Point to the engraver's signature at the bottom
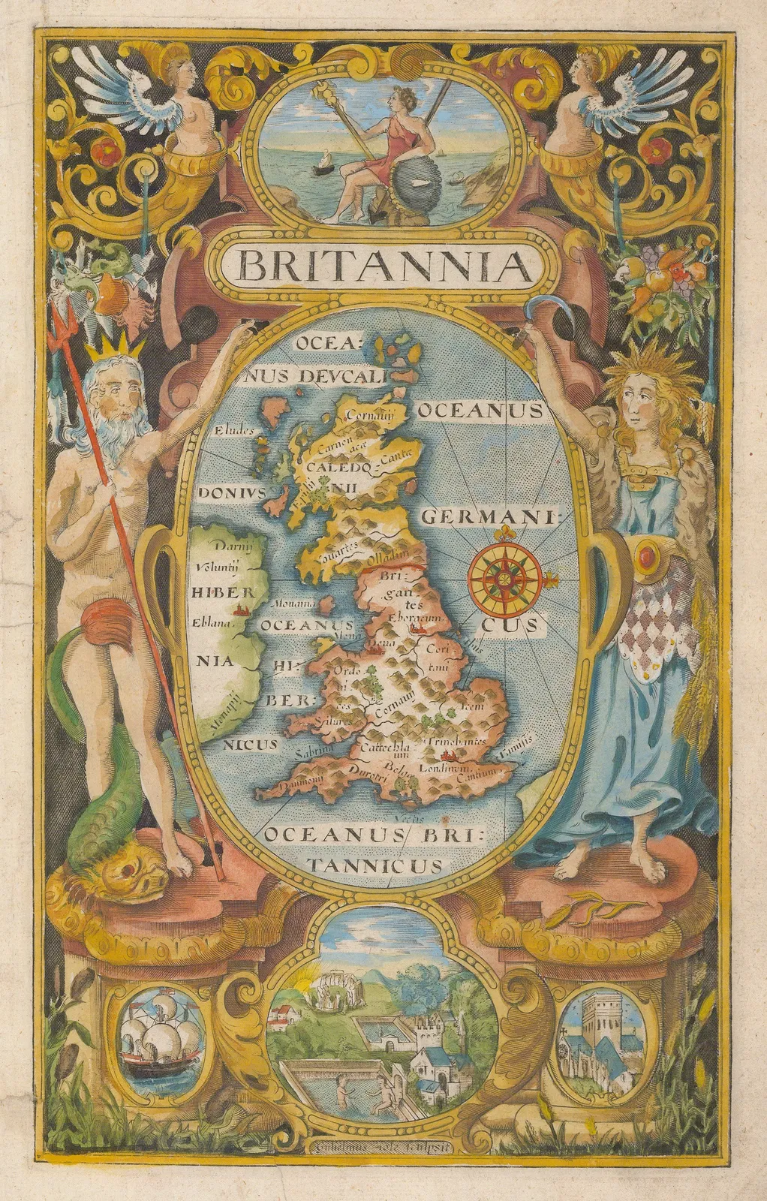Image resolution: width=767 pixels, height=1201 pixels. (x=384, y=1143)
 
